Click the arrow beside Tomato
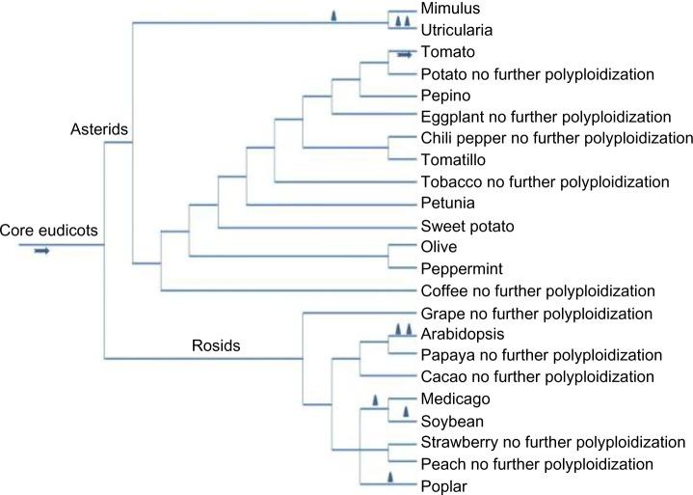(x=405, y=55)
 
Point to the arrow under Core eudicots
(x=41, y=251)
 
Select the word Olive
(x=439, y=247)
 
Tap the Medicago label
(x=452, y=399)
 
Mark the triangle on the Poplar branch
(x=389, y=477)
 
